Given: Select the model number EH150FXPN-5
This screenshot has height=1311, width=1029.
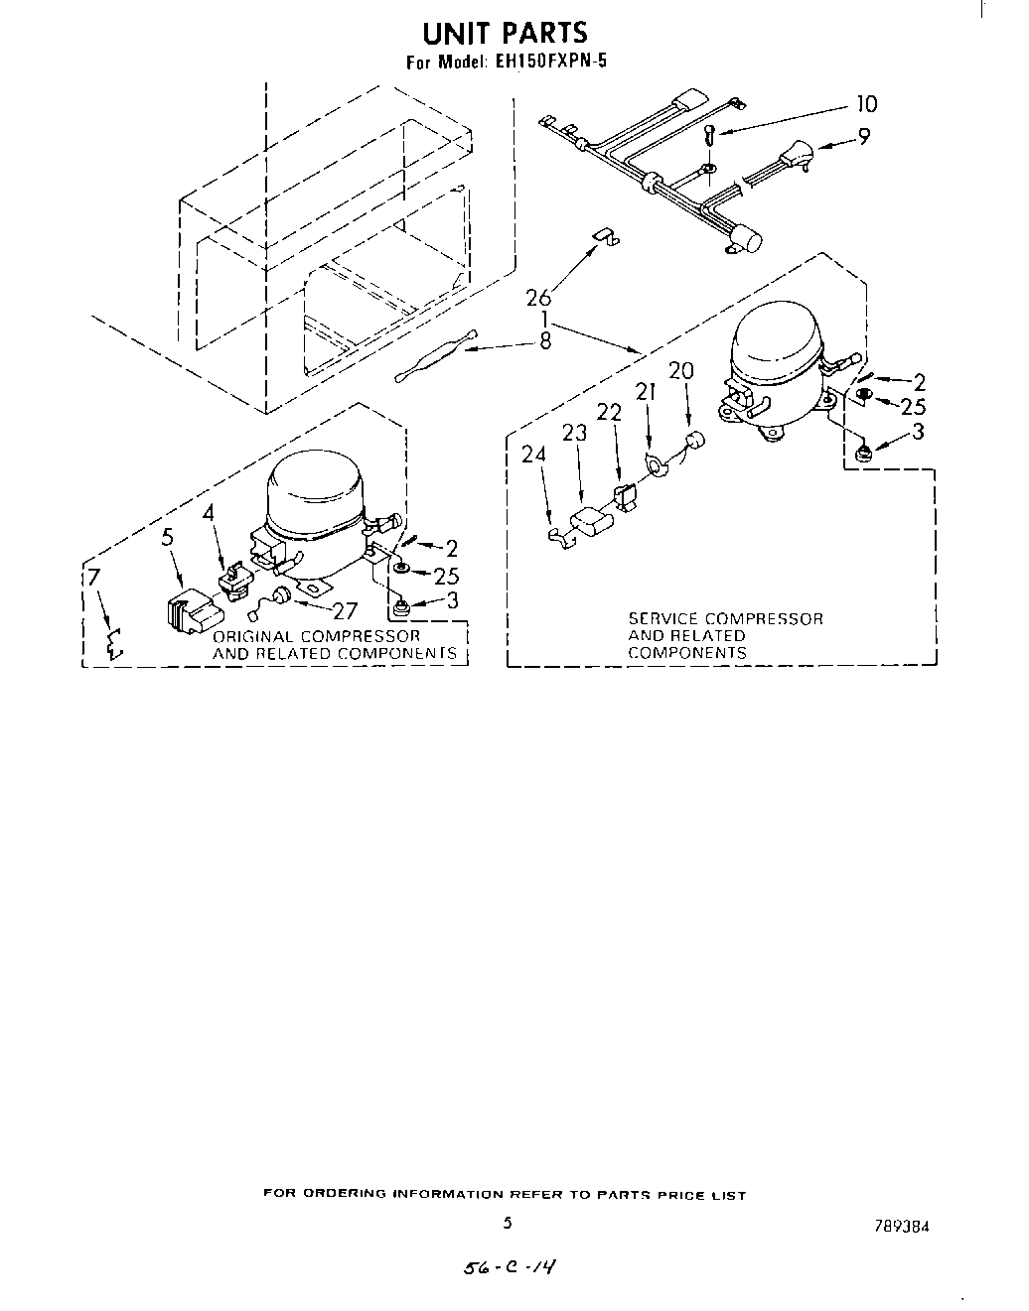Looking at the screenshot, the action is click(548, 62).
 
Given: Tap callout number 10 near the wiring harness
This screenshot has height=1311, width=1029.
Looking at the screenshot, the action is click(866, 104).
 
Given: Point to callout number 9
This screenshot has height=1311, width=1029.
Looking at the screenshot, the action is click(864, 137).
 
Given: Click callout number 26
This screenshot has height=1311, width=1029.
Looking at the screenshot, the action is click(538, 297).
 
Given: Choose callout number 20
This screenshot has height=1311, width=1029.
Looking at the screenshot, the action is click(681, 371).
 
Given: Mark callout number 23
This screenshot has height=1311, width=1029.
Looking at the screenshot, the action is click(574, 433).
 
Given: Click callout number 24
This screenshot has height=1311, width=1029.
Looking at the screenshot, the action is click(533, 455).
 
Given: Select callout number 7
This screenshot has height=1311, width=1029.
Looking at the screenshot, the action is click(92, 578).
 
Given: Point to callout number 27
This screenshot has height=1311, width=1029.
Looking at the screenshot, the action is click(344, 611).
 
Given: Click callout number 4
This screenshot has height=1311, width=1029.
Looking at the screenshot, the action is click(209, 512).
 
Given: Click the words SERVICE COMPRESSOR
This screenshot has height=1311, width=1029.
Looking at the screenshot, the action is click(725, 618).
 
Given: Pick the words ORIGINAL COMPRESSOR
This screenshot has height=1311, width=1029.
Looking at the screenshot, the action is click(316, 636).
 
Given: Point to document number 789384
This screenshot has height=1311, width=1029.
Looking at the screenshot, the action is click(903, 1226).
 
